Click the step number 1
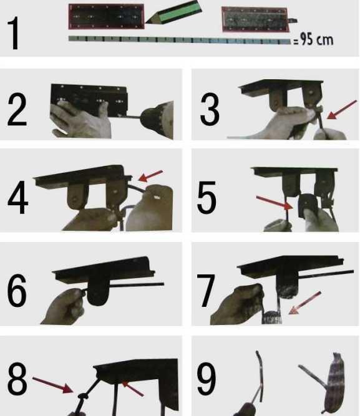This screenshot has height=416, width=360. [13, 33]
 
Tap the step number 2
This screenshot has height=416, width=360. [17, 109]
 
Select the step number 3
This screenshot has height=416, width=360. [210, 109]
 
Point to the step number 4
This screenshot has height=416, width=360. [18, 197]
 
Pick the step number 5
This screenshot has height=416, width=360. [207, 197]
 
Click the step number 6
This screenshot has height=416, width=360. [17, 290]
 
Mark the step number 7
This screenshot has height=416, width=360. [206, 291]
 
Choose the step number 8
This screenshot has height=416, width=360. [17, 379]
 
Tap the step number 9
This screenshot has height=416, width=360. [207, 379]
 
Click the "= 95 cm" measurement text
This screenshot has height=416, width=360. [313, 39]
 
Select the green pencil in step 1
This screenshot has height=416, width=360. [174, 12]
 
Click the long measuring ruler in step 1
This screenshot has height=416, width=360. [180, 40]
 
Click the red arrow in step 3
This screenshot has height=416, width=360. [342, 110]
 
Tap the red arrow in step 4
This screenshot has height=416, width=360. [150, 176]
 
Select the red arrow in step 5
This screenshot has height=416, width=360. [275, 203]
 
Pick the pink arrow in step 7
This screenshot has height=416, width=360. [304, 302]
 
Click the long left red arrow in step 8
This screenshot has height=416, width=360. [53, 385]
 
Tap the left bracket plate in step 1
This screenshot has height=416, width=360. [107, 16]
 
